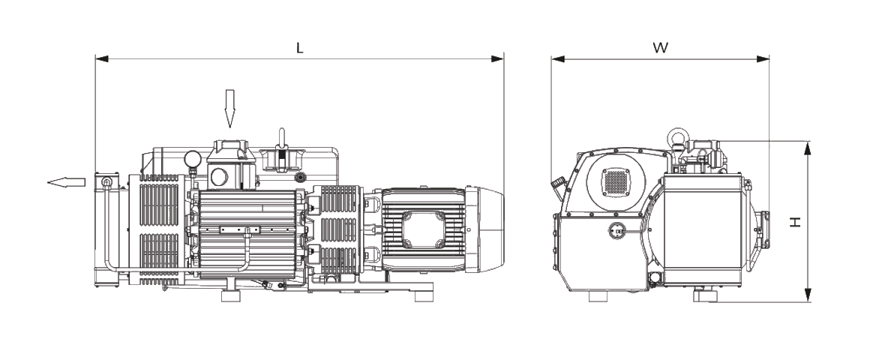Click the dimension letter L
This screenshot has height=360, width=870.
click(299, 48)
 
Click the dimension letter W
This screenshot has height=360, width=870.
click(660, 48)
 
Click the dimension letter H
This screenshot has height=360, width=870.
click(796, 221)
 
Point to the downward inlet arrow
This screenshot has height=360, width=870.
click(230, 109)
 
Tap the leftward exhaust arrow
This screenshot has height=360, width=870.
click(66, 182)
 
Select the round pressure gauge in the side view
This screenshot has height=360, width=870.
click(193, 158)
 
